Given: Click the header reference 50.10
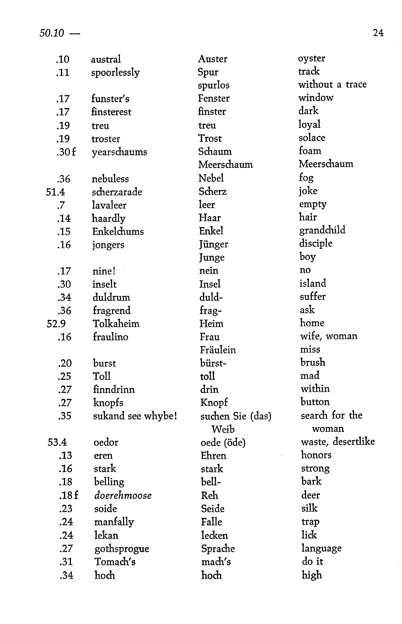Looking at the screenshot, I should (x=52, y=33).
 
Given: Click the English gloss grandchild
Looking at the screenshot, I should (x=322, y=230).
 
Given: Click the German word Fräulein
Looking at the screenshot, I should (x=218, y=350).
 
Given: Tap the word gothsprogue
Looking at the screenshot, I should (x=122, y=549).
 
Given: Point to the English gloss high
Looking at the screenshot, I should (x=312, y=575).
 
